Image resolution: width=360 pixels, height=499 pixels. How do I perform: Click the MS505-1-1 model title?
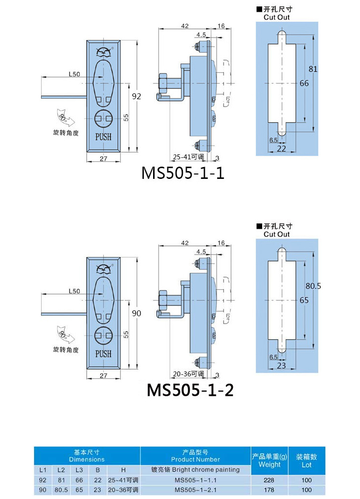(x=183, y=173)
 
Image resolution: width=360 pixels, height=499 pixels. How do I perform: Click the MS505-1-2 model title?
(x=190, y=390)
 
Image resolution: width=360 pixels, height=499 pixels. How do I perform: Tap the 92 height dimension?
(x=136, y=96)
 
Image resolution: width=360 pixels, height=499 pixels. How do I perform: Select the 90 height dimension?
(x=136, y=313)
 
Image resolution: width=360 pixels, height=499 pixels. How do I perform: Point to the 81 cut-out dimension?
(x=313, y=69)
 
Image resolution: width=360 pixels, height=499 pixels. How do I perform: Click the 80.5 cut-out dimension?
(x=313, y=286)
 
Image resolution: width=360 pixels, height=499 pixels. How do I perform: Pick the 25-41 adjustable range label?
(x=188, y=157)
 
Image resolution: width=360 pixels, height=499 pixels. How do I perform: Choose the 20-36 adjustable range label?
(x=188, y=374)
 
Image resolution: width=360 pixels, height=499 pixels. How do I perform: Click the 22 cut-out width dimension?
(x=281, y=149)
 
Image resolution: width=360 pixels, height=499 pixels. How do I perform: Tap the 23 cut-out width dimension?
(x=281, y=366)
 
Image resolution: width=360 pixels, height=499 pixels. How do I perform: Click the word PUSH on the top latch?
(x=103, y=137)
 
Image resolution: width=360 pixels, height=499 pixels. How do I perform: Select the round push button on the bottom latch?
(x=104, y=336)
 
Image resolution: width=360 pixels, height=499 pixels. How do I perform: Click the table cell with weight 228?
(x=269, y=480)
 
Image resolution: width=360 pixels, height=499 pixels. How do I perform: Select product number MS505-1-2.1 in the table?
(x=195, y=490)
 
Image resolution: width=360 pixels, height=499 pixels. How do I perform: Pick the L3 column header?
(x=79, y=470)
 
